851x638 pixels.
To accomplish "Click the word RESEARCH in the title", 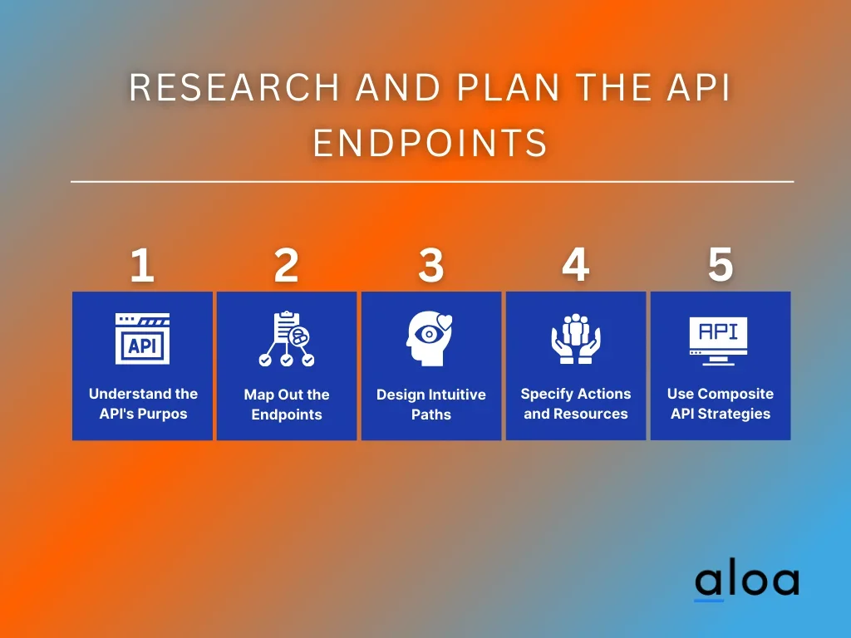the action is click(x=234, y=87).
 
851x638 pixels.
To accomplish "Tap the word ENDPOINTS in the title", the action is click(x=430, y=143).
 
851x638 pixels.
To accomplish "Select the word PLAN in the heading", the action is click(x=508, y=87).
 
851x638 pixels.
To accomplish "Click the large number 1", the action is click(x=142, y=265).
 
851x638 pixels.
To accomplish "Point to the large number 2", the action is click(x=286, y=265).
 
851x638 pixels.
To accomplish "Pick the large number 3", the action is click(x=431, y=265).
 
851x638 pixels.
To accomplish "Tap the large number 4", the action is click(x=575, y=265).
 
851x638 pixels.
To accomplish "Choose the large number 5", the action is click(x=721, y=265).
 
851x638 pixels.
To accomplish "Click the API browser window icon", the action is click(x=142, y=339).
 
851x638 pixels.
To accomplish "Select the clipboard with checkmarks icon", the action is click(x=287, y=339).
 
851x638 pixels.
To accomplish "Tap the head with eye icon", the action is click(x=429, y=338).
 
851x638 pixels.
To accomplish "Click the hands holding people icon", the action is click(x=576, y=339).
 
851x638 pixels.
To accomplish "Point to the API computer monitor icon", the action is click(x=718, y=341).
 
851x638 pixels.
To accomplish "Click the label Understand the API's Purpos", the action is click(x=143, y=404).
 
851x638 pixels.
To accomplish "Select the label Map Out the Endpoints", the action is click(x=287, y=405).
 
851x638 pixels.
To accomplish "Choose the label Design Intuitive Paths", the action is click(x=431, y=405).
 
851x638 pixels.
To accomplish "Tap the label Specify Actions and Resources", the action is click(x=576, y=404).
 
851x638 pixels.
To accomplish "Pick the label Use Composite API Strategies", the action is click(x=721, y=404).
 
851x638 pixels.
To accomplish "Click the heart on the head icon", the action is click(x=445, y=322).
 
